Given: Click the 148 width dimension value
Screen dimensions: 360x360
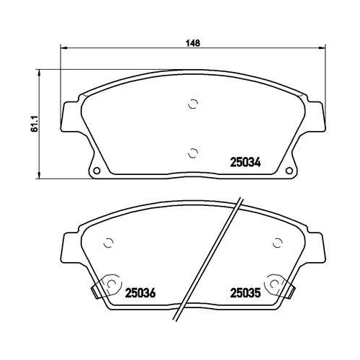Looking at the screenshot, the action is (x=193, y=43).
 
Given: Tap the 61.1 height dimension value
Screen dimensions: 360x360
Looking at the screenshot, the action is (x=35, y=124).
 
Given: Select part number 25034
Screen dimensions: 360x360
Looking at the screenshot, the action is (x=246, y=163).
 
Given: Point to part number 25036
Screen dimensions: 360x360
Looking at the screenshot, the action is (x=140, y=293).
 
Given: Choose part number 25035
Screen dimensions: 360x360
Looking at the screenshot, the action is (x=246, y=293).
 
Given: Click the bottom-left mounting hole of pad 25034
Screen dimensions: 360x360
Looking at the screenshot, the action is (x=96, y=171).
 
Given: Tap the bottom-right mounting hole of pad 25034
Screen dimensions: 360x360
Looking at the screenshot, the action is (x=289, y=171).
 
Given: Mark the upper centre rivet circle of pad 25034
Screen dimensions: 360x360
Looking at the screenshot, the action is (x=193, y=104).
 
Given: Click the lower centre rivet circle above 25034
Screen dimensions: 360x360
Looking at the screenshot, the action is (x=193, y=153).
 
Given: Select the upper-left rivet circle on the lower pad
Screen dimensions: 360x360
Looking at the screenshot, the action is (x=108, y=243).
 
